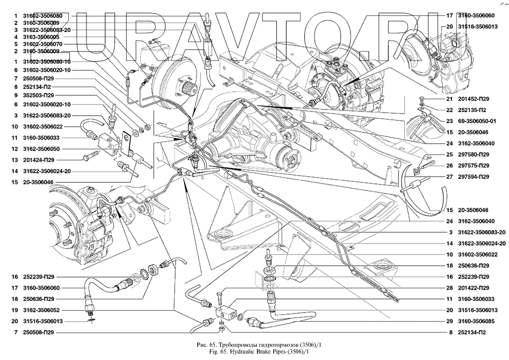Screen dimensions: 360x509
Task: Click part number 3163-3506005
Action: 41,37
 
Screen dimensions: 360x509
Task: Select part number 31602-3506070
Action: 41,44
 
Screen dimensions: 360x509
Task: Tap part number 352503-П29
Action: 41,96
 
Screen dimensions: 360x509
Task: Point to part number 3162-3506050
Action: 41,149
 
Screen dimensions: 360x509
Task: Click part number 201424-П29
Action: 41,160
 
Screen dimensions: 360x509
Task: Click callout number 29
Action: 449,321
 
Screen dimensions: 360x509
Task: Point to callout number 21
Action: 449,99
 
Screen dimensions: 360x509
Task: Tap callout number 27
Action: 449,177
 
